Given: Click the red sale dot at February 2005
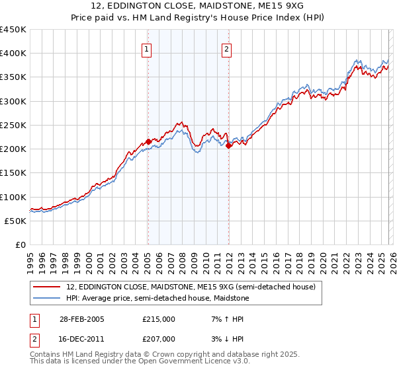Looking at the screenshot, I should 148,141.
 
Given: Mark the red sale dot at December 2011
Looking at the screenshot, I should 228,145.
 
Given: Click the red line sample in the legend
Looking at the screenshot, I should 48,287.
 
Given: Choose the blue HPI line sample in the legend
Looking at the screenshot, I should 48,298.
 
